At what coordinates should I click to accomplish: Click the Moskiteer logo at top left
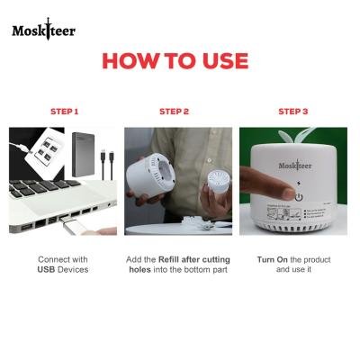coord(43,31)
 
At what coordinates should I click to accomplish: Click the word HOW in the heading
coord(132,61)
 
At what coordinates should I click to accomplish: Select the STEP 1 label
coord(64,112)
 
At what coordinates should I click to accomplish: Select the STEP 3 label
coord(292,112)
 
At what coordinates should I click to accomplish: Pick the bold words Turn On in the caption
coord(262,259)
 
